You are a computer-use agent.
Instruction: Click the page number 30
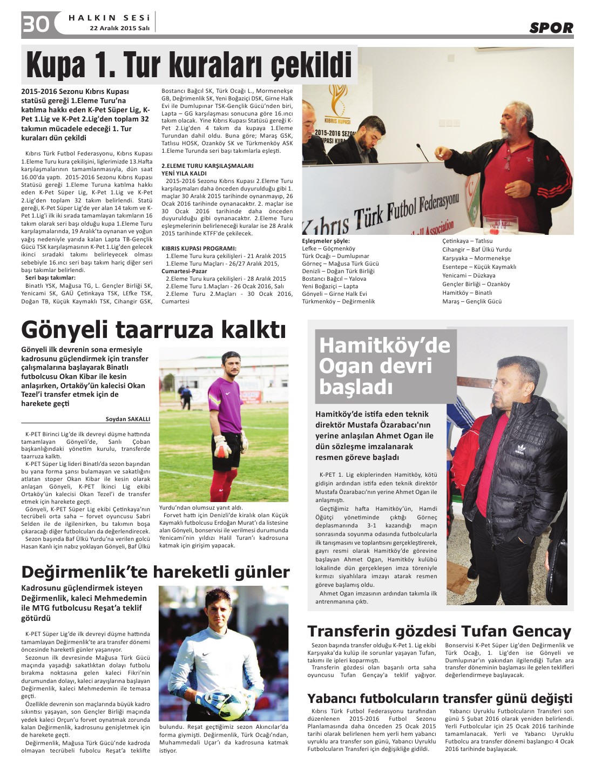pos(36,24)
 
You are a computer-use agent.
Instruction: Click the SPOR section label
pos(551,28)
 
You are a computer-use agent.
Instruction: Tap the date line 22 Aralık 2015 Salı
pos(119,29)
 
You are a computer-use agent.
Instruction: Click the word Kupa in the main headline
pos(56,66)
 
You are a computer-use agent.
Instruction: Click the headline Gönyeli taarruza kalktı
pos(153,329)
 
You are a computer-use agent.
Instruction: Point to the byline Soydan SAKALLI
pos(128,419)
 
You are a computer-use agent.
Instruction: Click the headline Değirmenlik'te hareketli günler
pos(155,572)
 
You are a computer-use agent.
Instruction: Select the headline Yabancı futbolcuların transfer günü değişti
pos(440,698)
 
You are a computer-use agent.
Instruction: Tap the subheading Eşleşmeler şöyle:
pos(326,241)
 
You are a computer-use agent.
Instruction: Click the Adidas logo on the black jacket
pos(520,448)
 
